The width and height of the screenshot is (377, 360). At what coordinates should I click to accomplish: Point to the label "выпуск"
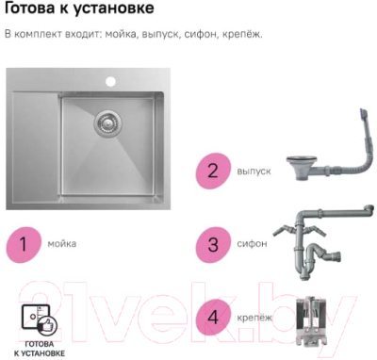(254, 172)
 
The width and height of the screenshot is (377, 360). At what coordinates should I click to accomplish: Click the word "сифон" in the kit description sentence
(193, 35)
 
